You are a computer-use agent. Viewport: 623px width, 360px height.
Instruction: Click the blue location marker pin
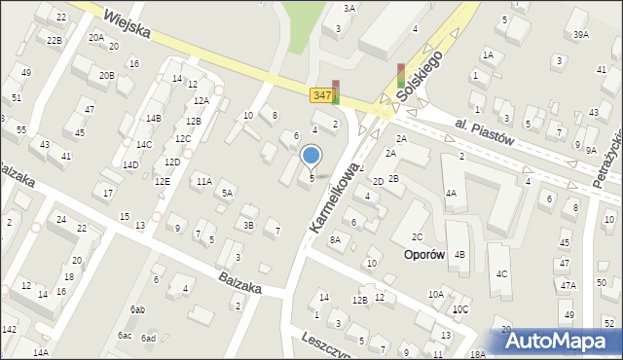coord(311,156)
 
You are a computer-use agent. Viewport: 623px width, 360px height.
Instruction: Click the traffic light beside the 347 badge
coord(337,91)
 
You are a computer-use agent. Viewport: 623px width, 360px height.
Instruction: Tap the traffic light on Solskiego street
coord(400,75)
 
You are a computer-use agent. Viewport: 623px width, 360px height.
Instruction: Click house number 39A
coord(581,34)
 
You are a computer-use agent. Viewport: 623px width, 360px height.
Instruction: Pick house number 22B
coord(55,40)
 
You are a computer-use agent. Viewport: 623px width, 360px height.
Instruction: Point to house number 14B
coord(153,118)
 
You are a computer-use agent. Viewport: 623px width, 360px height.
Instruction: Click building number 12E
coord(162,181)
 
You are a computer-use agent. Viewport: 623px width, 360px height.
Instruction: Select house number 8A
coord(337,239)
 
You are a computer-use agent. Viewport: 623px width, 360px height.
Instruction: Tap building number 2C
coord(417,236)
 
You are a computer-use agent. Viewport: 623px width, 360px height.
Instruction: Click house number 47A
coord(568,285)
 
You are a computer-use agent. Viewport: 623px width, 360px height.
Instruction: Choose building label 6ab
coord(138,309)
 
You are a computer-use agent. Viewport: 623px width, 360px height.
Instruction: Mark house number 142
coord(9,330)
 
